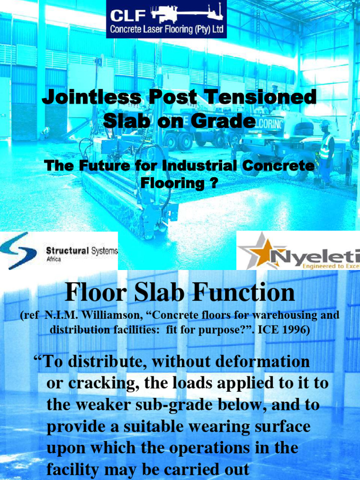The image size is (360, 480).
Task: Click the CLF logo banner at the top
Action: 166,19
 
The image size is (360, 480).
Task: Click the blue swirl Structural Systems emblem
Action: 19,251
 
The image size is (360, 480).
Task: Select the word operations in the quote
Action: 197,448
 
